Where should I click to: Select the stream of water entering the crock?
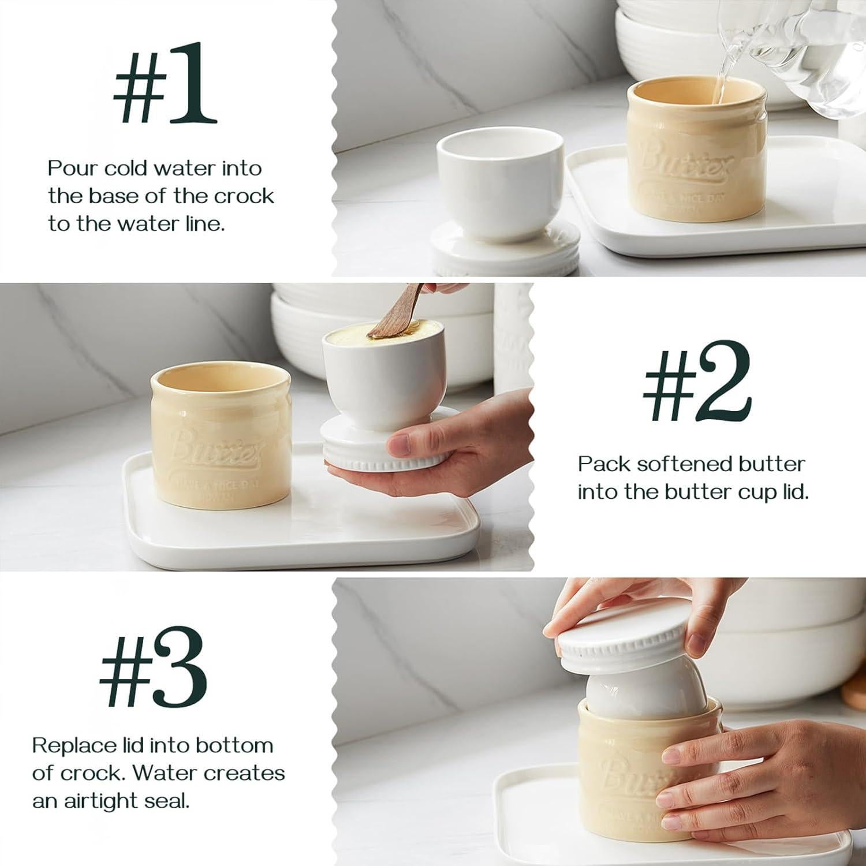point(718,87)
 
